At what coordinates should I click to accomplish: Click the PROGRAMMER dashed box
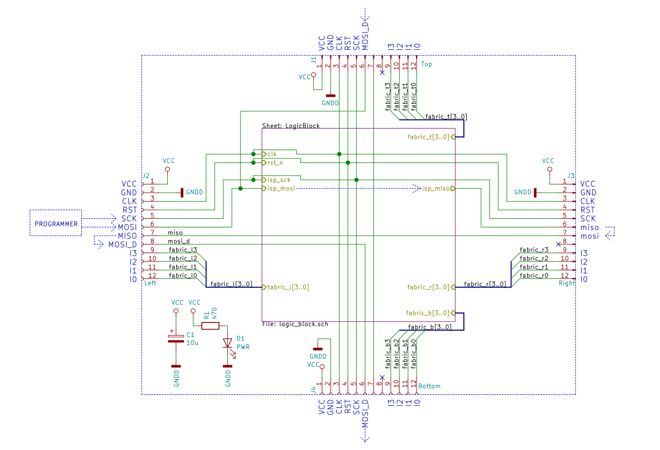[x=55, y=223]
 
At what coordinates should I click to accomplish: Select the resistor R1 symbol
[x=210, y=326]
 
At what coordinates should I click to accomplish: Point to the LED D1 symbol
[x=227, y=343]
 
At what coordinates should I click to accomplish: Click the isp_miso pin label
[x=435, y=189]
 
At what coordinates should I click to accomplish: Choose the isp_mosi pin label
[x=281, y=189]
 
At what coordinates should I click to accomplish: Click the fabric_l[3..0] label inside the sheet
[x=288, y=287]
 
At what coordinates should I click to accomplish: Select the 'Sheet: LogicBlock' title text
[x=291, y=125]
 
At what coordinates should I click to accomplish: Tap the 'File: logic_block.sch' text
[x=295, y=324]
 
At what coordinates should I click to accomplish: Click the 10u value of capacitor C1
[x=192, y=343]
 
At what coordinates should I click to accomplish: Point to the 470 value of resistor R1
[x=214, y=314]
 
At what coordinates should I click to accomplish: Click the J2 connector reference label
[x=146, y=176]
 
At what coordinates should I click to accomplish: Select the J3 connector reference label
[x=571, y=176]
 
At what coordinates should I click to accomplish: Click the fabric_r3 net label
[x=534, y=249]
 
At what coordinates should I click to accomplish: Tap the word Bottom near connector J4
[x=429, y=386]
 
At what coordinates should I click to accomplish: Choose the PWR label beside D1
[x=243, y=347]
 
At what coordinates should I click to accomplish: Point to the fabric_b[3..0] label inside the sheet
[x=428, y=313]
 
